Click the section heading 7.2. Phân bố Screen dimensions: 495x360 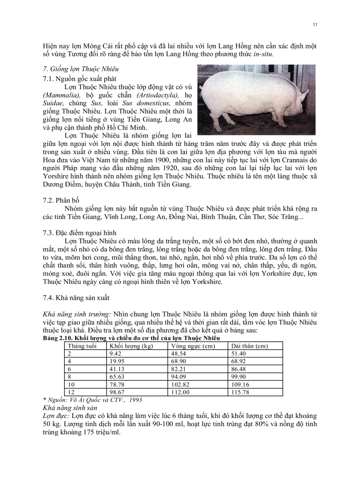(61, 200)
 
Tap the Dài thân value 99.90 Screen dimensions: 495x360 (240, 376)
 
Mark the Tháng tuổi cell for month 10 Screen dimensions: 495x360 (71, 384)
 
